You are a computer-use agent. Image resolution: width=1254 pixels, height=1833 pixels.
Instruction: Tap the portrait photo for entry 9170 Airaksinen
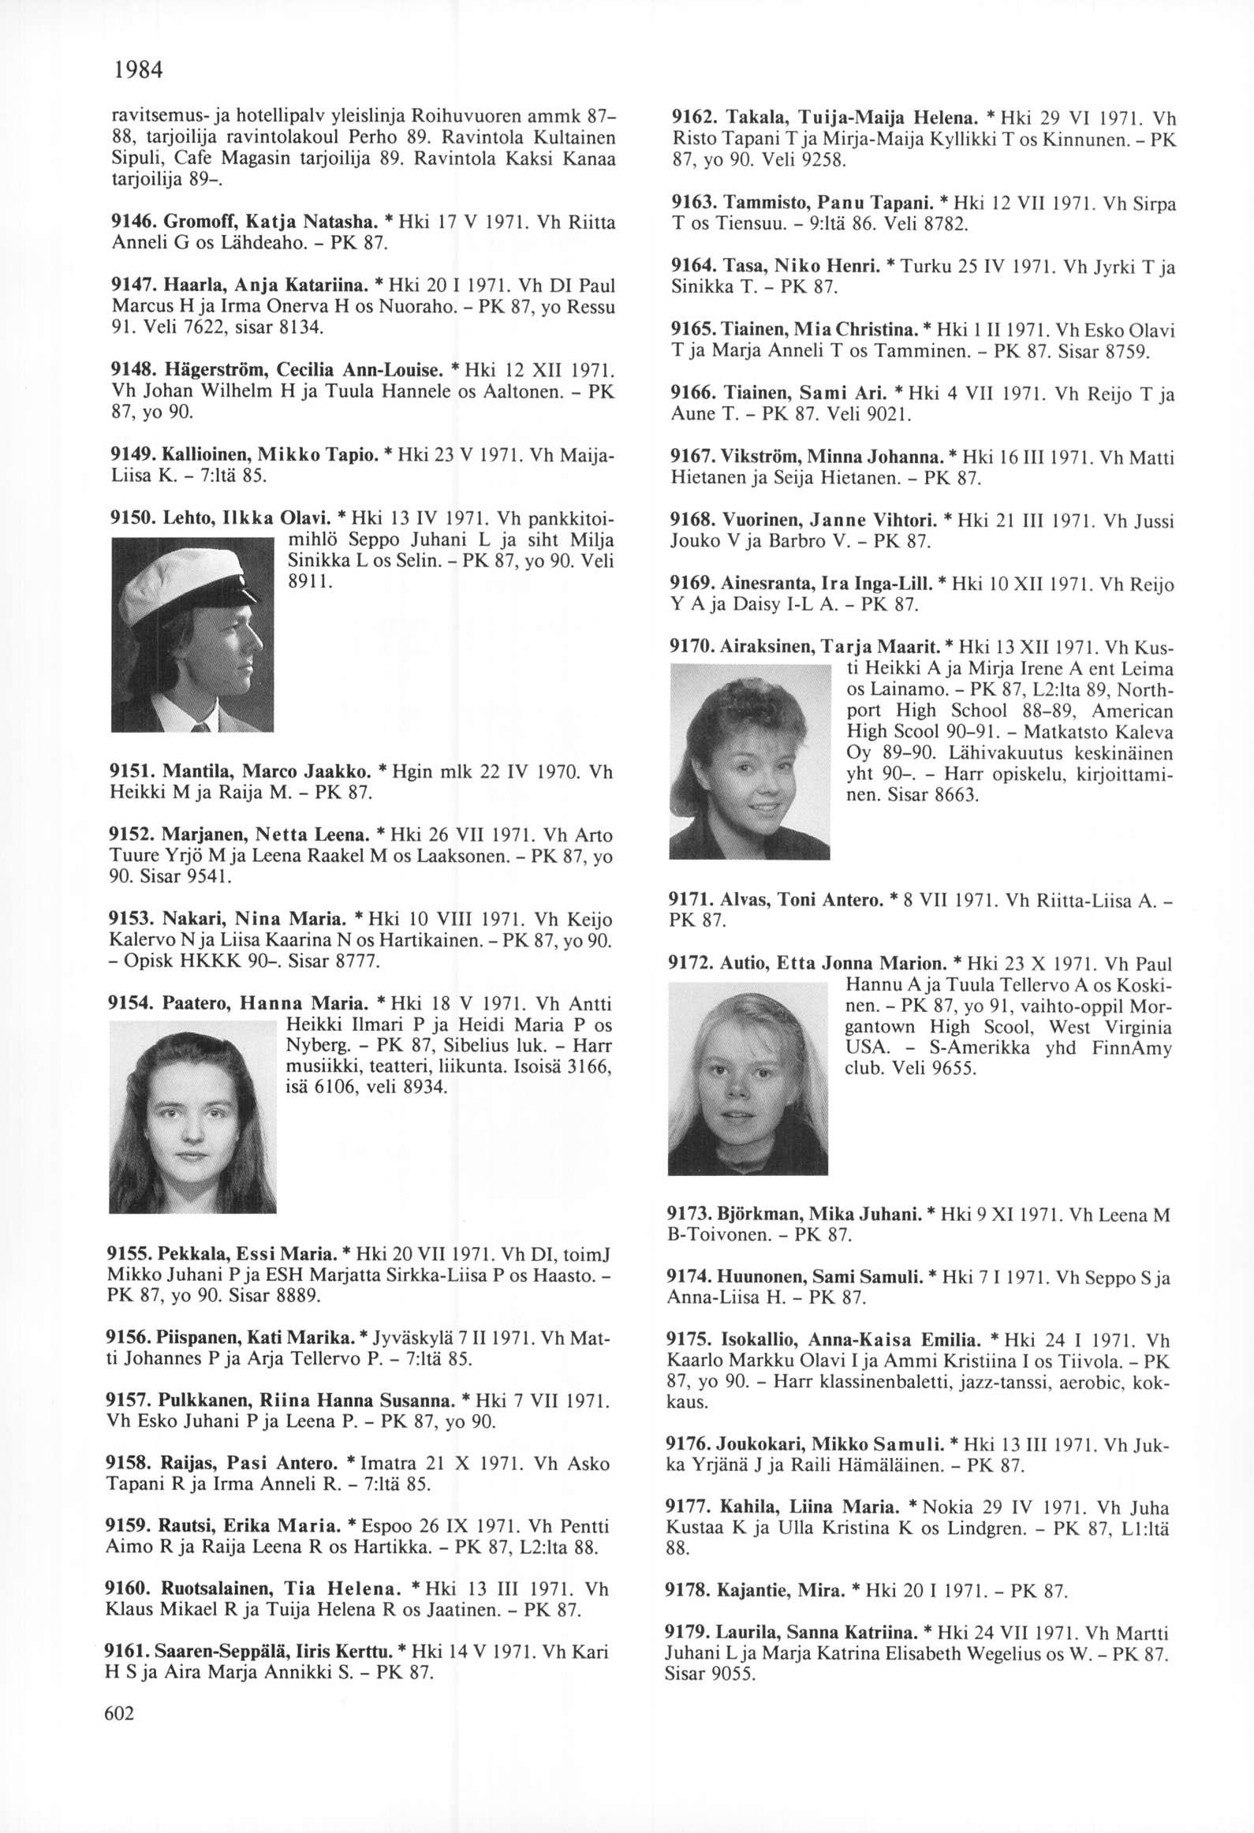coord(749,760)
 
